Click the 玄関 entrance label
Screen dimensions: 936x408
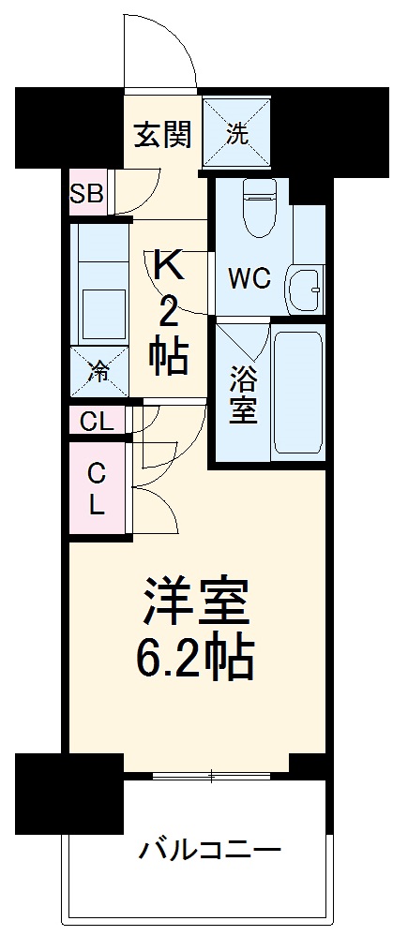[161, 134]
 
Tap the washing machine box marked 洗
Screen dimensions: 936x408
[237, 133]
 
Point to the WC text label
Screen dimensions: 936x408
[249, 277]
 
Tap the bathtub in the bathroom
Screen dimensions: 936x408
[296, 392]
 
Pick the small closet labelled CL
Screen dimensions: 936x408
[96, 422]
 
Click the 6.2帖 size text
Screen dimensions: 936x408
[195, 660]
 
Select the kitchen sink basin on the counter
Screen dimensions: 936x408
[103, 306]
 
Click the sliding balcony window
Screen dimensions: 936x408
[211, 775]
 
